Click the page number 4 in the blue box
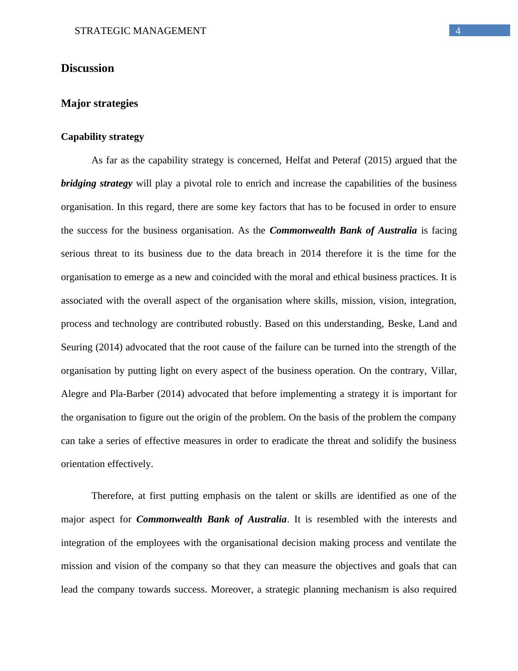(x=458, y=30)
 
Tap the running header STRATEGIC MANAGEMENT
(x=140, y=31)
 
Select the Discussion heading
(x=87, y=68)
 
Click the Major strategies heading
(x=99, y=103)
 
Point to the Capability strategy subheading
(x=102, y=137)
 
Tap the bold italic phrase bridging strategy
(x=97, y=183)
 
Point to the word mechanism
(x=365, y=590)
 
